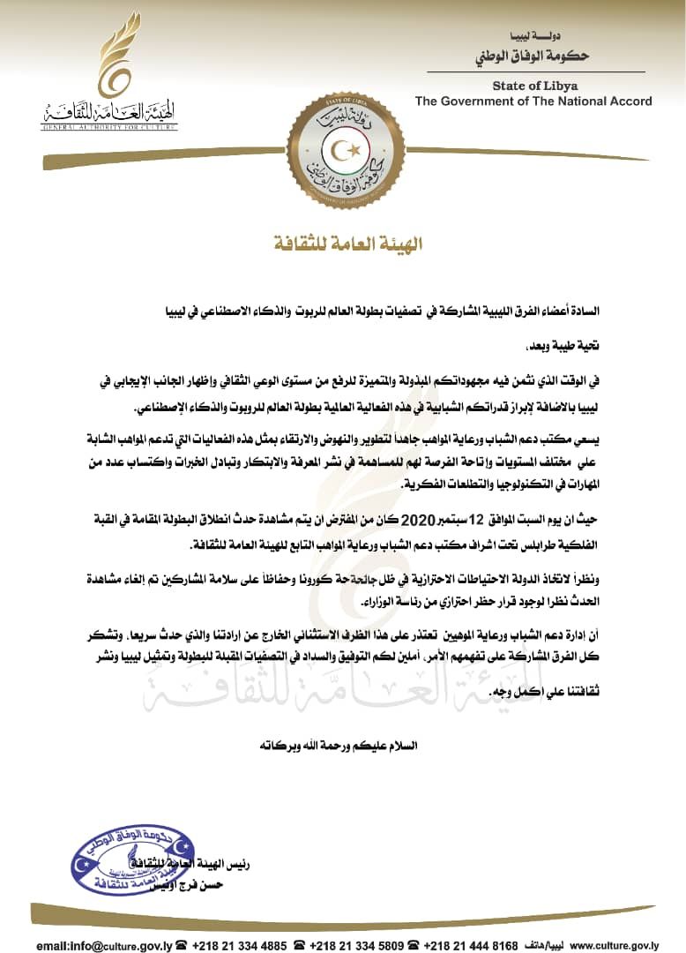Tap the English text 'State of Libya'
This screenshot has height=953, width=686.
pos(535,85)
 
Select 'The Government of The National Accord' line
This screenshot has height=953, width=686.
pos(533,101)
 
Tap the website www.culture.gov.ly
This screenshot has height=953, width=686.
pos(622,945)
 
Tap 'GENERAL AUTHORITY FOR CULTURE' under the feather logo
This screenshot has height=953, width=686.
pos(108,127)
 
